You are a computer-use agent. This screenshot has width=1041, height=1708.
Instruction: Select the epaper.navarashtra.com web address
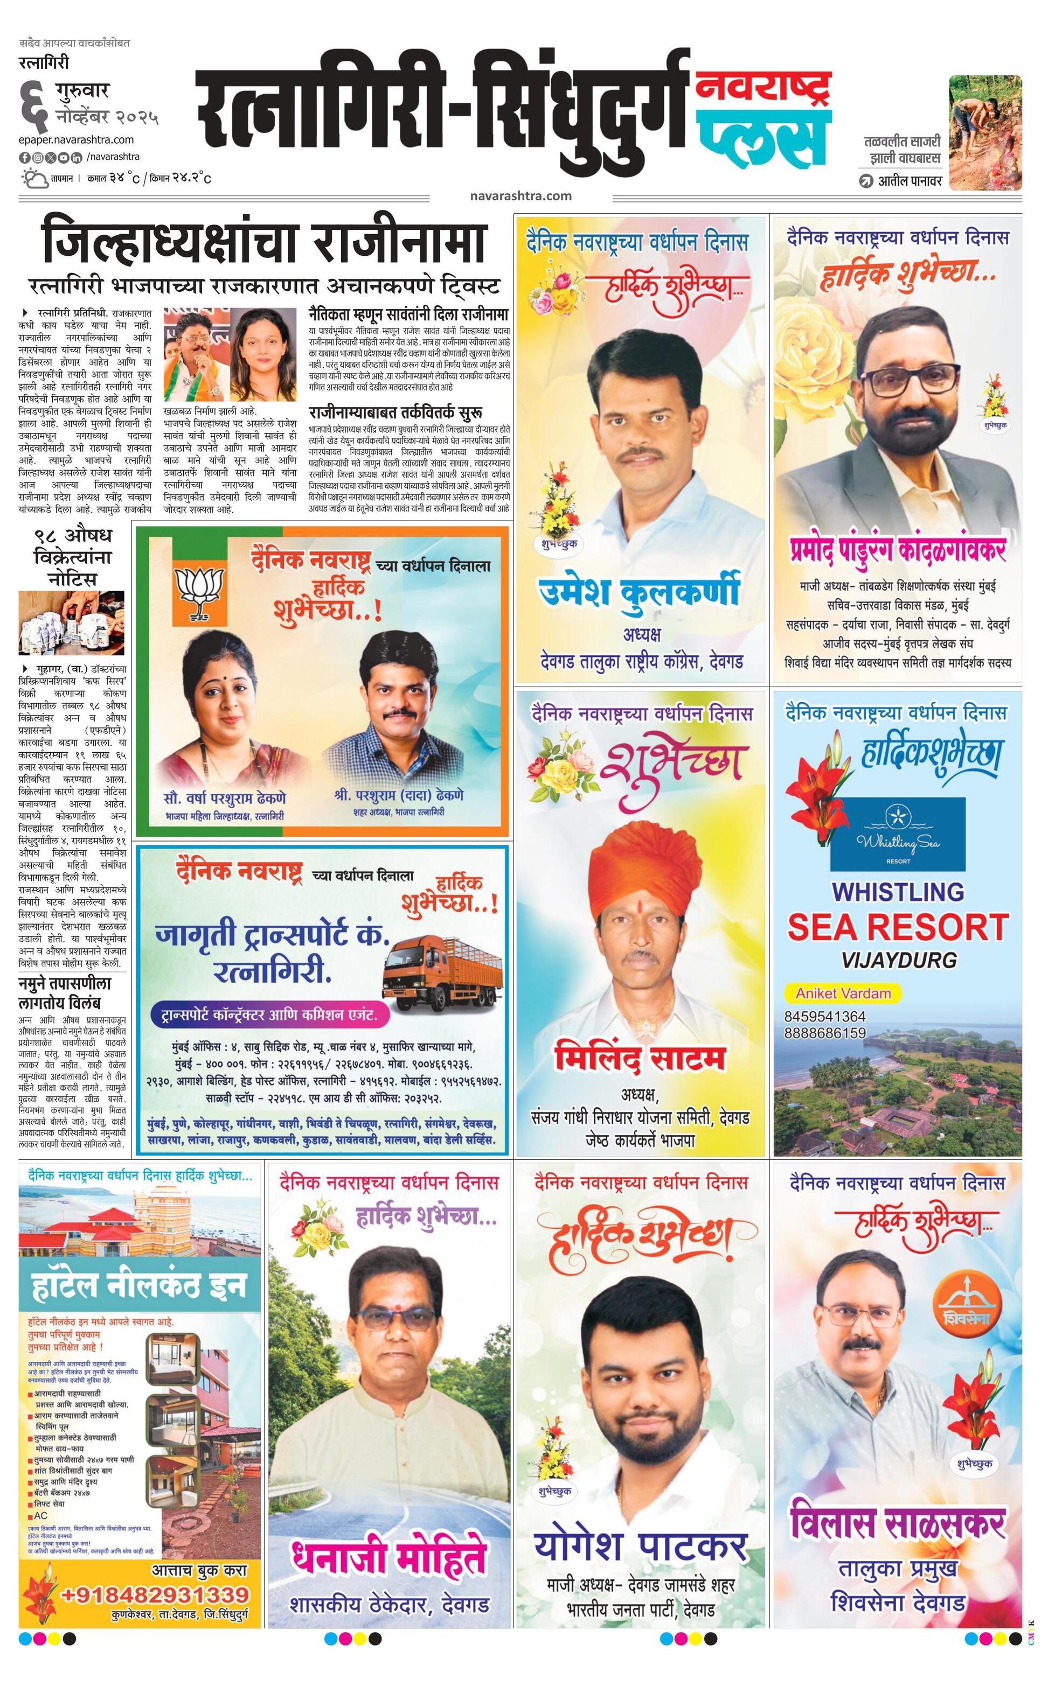pos(77,139)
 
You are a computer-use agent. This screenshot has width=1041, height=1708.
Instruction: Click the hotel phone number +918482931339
pos(155,1594)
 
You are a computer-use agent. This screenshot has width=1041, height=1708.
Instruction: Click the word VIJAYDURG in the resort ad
pos(898,960)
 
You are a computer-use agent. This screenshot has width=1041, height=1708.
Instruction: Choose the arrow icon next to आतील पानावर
pos(865,181)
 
